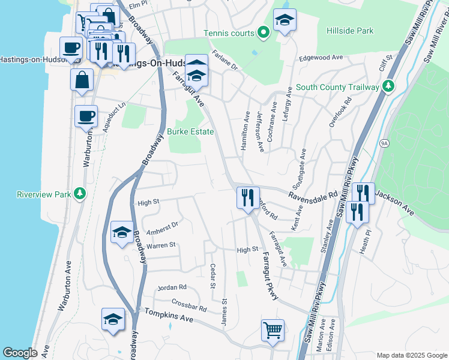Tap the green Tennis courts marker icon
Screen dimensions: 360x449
(x=262, y=32)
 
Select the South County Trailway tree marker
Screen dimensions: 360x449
(x=388, y=86)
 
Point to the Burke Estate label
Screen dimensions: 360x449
(x=190, y=131)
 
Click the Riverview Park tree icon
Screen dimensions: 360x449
(x=79, y=194)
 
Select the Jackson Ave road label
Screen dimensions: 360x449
(x=394, y=203)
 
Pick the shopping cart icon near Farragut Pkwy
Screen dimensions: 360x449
(x=273, y=330)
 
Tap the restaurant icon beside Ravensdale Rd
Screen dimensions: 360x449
(x=248, y=197)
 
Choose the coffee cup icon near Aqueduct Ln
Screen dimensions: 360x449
(x=86, y=116)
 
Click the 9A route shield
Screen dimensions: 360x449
(x=384, y=143)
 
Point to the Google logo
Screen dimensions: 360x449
(x=20, y=353)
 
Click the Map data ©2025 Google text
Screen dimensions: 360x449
(x=411, y=355)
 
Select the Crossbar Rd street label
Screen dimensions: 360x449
(x=188, y=305)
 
